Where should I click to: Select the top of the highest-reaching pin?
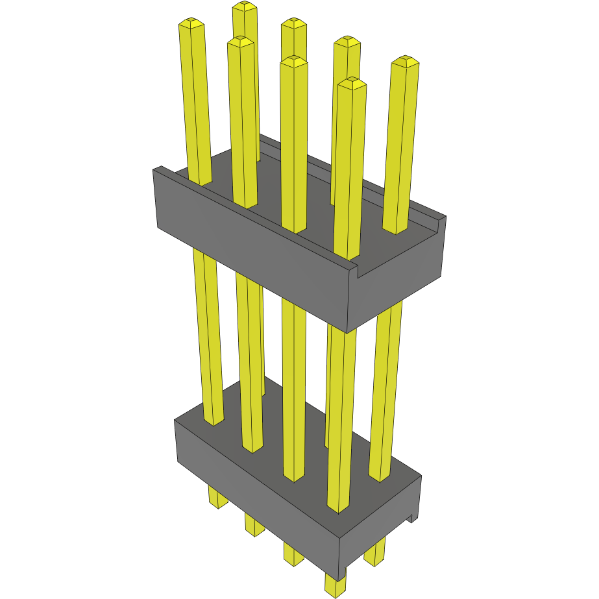point(244,6)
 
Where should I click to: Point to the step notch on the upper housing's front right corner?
point(356,266)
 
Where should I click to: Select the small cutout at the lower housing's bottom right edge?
point(413,517)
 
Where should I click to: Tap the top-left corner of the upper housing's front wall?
point(156,170)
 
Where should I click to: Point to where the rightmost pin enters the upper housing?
point(395,230)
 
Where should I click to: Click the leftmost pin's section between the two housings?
point(208,337)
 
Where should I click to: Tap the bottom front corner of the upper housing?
point(348,332)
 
